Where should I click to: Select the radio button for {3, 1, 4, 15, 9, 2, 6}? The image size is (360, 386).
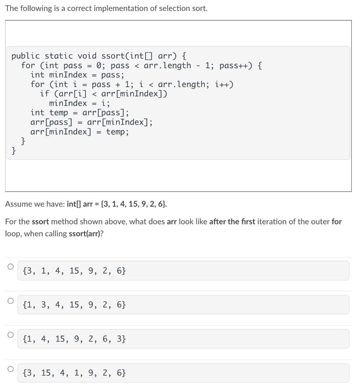point(11,267)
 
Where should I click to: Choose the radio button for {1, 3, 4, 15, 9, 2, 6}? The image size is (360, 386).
point(11,300)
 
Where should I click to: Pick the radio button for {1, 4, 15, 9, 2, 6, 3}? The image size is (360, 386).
point(11,334)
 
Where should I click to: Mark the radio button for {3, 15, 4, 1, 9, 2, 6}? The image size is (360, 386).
point(11,368)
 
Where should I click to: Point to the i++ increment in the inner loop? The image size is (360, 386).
point(224,84)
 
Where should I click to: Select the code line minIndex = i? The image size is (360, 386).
point(79,103)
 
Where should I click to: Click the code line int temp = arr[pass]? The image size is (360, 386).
point(79,112)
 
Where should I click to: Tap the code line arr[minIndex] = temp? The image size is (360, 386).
point(79,132)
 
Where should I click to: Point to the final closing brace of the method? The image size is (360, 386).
point(14,151)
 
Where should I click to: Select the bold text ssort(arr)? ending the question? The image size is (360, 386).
point(86,233)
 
